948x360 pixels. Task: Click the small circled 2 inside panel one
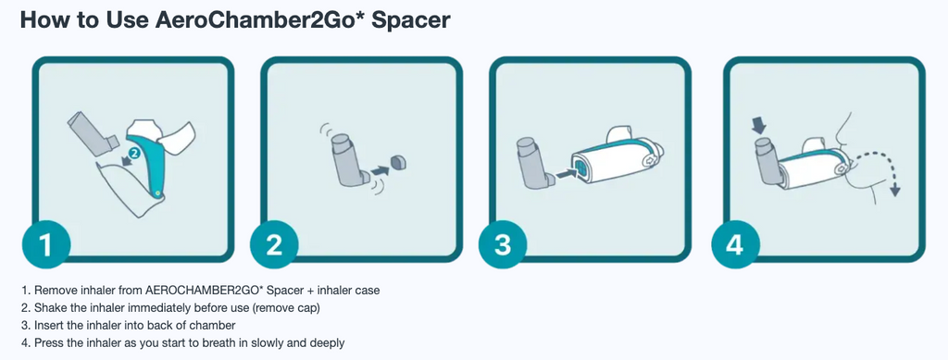click(x=135, y=154)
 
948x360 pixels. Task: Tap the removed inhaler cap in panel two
click(x=399, y=163)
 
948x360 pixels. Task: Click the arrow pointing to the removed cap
click(x=379, y=171)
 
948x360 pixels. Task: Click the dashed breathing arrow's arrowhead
click(x=895, y=191)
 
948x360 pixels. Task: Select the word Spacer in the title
click(x=411, y=19)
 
